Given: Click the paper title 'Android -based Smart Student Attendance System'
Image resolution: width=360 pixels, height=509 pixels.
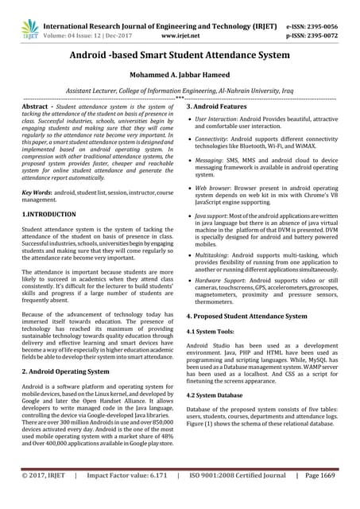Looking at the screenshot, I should [180, 57].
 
